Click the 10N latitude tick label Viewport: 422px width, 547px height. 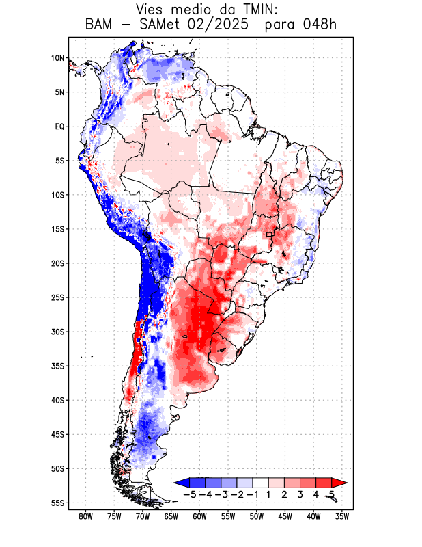click(57, 58)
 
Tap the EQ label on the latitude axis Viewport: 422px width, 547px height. click(59, 126)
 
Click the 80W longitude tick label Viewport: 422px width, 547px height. click(85, 516)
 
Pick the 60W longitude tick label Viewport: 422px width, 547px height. click(199, 516)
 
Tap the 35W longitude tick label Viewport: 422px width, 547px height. click(342, 516)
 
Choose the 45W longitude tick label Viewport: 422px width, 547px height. click(285, 516)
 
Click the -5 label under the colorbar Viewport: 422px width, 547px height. click(190, 494)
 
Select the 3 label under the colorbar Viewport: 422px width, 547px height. click(300, 494)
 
